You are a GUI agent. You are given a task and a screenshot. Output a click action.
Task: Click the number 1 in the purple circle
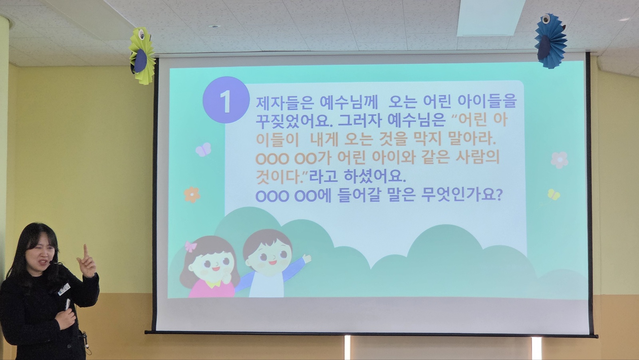[x=226, y=101]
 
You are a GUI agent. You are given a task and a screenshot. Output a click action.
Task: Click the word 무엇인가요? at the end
[x=461, y=195]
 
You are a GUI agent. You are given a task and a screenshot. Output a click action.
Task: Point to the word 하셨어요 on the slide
[x=375, y=176]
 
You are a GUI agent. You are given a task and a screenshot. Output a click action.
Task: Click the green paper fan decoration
[x=142, y=56]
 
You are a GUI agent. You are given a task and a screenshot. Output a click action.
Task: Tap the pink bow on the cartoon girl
[x=191, y=246]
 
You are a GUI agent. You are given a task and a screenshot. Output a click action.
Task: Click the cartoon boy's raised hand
[x=307, y=259]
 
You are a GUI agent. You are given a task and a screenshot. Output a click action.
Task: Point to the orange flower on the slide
[x=192, y=195]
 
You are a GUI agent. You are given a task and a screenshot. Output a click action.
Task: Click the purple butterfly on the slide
[x=204, y=149]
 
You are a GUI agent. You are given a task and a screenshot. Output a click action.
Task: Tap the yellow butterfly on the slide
[x=554, y=195]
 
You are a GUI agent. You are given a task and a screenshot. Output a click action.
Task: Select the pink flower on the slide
[x=560, y=160]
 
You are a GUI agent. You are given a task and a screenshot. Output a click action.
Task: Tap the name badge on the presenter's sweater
[x=64, y=289]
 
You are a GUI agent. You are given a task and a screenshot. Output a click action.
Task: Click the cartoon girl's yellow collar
[x=213, y=284]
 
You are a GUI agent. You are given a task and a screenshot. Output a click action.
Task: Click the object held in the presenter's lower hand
[x=67, y=304]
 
